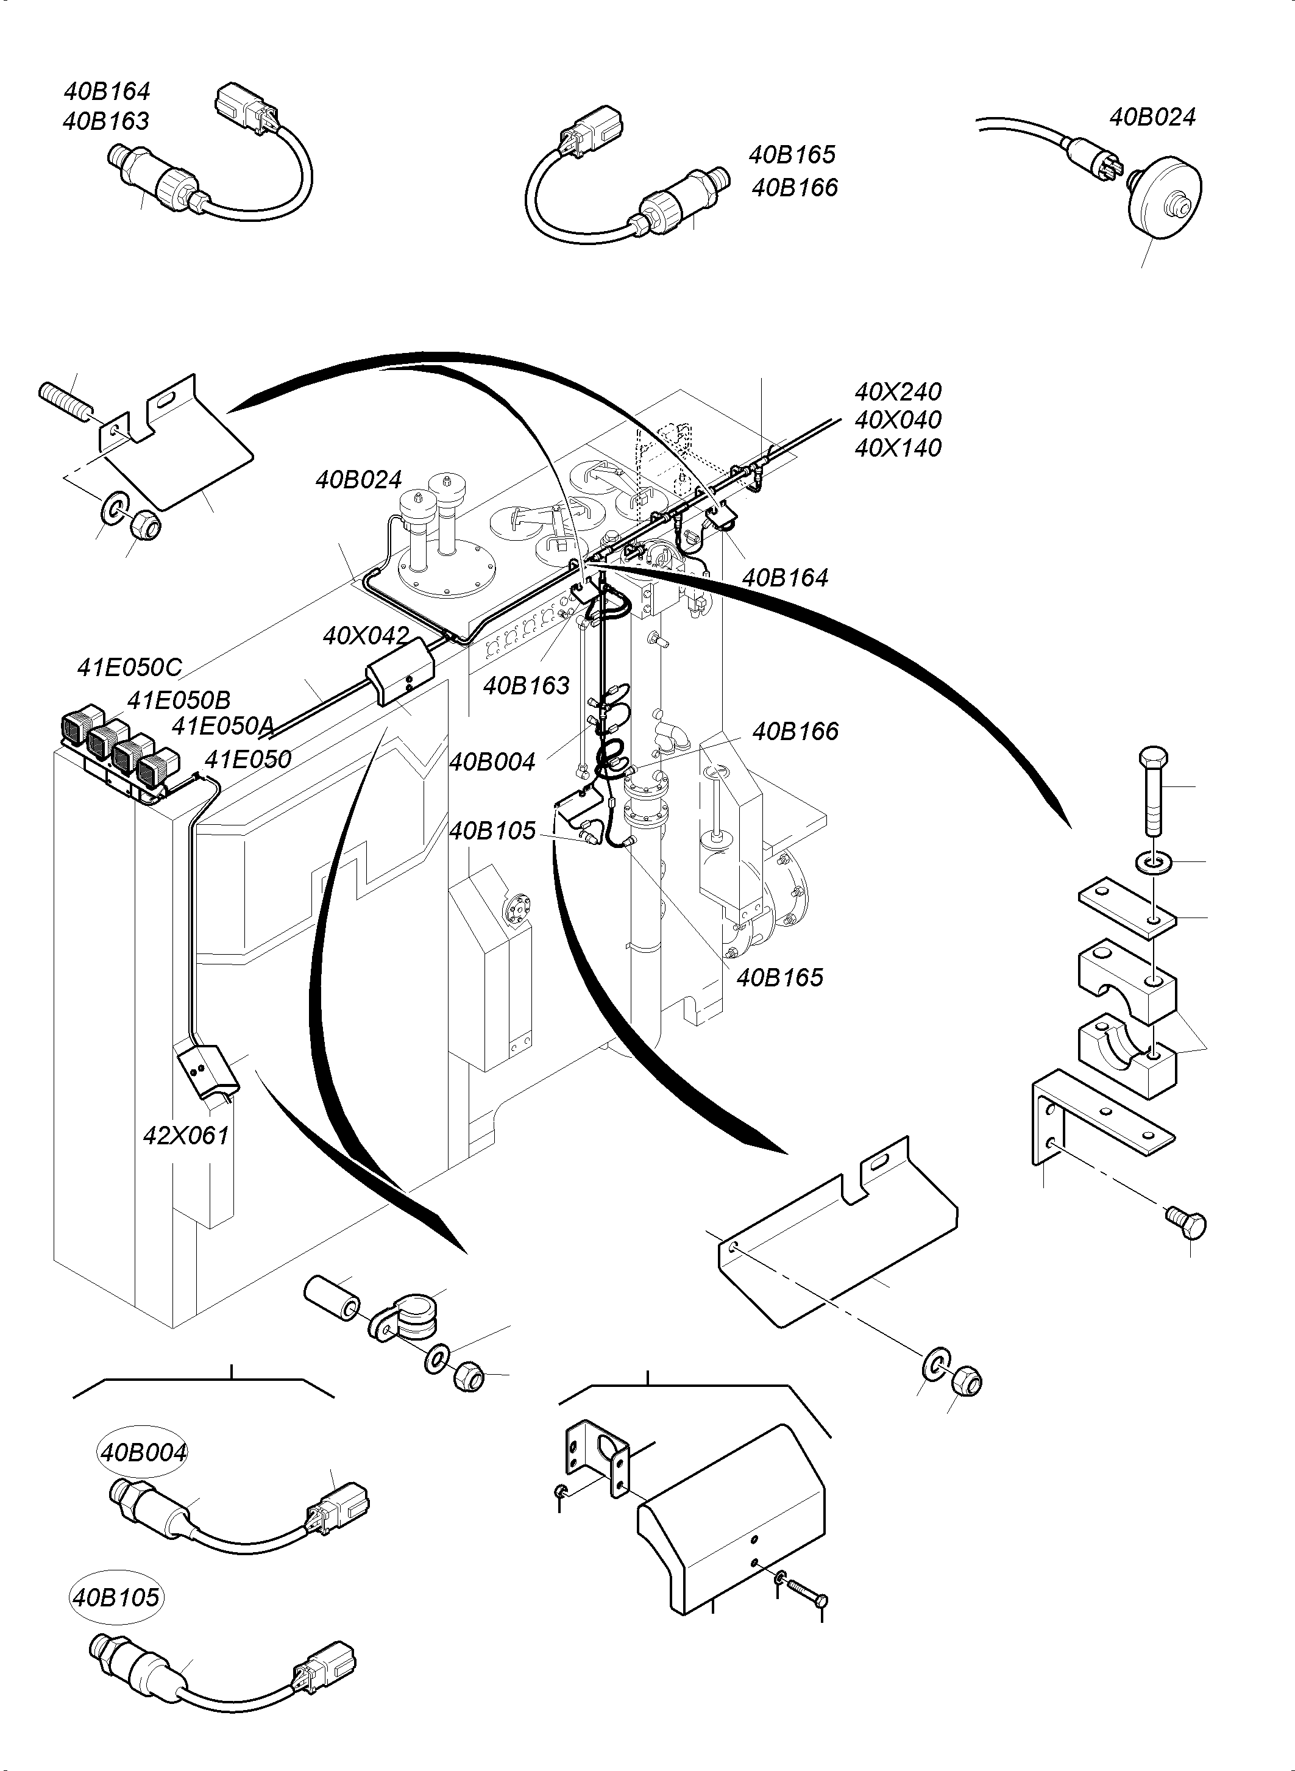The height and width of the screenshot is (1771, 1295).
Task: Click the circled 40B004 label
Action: [143, 1452]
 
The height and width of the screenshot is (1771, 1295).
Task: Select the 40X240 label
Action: [898, 391]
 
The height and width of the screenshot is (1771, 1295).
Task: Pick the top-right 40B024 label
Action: [1152, 117]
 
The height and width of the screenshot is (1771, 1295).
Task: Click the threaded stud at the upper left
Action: [65, 401]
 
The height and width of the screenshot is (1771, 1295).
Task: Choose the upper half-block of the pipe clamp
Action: [1126, 980]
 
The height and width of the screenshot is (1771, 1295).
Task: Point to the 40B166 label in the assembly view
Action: [795, 731]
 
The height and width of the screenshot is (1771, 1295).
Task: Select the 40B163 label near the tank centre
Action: [526, 685]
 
